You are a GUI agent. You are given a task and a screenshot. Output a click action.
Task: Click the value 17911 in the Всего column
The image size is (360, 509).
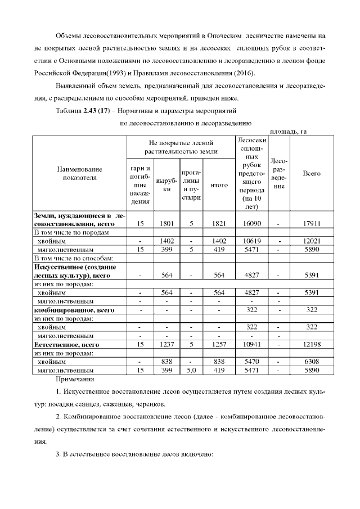312,223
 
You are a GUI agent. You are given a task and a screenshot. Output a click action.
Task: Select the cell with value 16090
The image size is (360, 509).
247,223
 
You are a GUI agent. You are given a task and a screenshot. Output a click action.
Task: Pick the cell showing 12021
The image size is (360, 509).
312,240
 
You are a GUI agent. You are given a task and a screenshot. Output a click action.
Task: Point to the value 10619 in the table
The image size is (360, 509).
247,240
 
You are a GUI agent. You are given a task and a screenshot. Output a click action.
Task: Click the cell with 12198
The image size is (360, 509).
312,344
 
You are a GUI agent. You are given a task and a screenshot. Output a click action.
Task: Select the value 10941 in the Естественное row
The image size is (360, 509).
247,344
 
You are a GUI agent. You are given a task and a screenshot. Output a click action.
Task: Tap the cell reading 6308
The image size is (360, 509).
312,363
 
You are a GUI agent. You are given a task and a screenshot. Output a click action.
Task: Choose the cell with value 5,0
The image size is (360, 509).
191,371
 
